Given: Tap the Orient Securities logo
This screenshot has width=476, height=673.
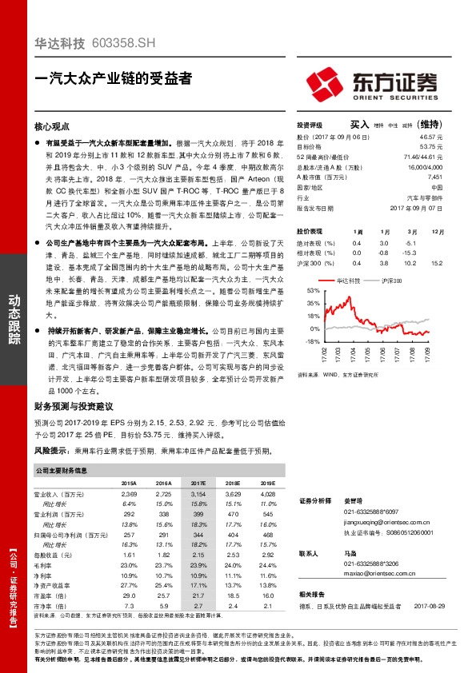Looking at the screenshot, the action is [370, 83].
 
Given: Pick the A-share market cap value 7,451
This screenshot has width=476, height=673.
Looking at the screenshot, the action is [434, 177].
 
